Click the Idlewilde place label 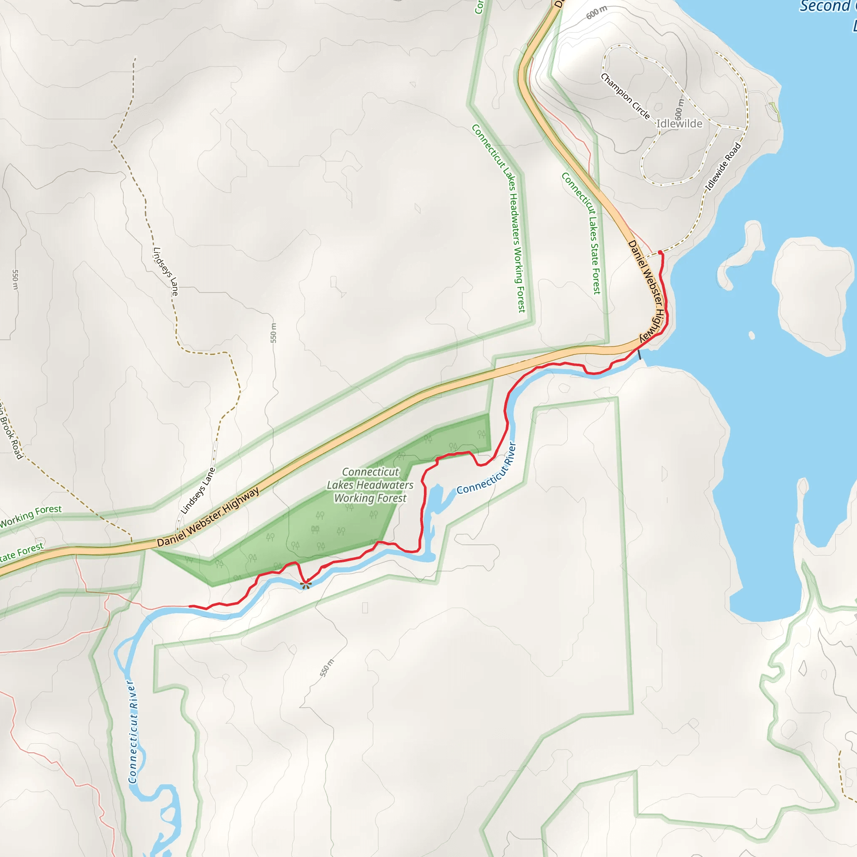point(679,124)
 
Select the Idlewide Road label point(723,167)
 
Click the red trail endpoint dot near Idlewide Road point(660,252)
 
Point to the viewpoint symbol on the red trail point(305,585)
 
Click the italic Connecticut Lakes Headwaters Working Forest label point(370,485)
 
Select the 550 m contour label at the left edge point(15,280)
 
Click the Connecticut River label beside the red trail point(487,469)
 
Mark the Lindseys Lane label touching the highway point(198,491)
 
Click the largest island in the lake point(808,293)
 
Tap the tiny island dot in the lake point(752,335)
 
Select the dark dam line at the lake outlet point(639,354)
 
